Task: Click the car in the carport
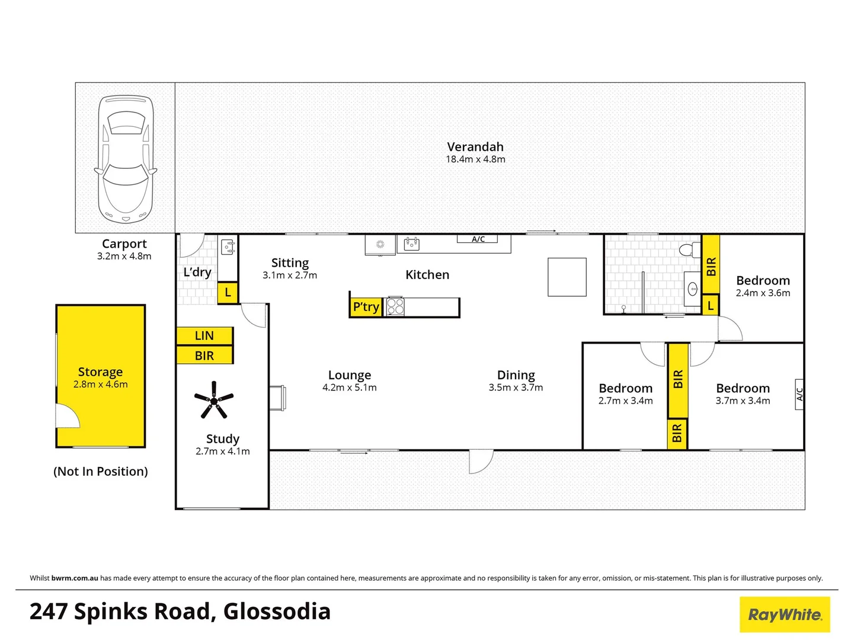(126, 159)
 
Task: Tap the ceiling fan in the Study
(214, 400)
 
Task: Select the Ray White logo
(785, 615)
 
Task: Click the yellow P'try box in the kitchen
(366, 307)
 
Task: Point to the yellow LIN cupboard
(204, 335)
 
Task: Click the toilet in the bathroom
(689, 249)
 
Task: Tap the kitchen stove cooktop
(395, 306)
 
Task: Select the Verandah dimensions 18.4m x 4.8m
(475, 159)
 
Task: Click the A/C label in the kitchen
(478, 239)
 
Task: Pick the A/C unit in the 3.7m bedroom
(799, 394)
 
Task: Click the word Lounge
(350, 375)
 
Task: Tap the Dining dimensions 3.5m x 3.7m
(516, 388)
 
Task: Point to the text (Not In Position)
(101, 472)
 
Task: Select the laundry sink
(228, 247)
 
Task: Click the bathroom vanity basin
(692, 290)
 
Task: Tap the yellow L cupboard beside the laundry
(228, 293)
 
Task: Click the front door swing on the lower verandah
(481, 462)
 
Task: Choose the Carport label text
(124, 244)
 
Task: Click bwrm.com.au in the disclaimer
(75, 578)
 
